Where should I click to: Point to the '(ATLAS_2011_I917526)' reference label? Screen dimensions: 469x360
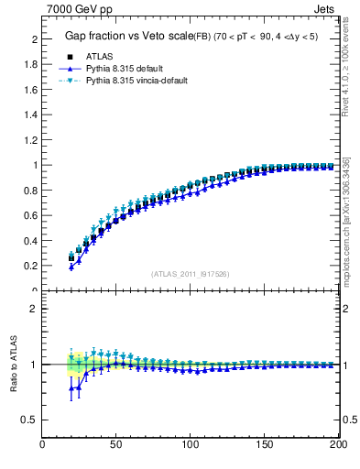click(x=190, y=274)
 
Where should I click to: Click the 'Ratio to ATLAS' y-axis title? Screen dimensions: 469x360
click(x=14, y=365)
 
